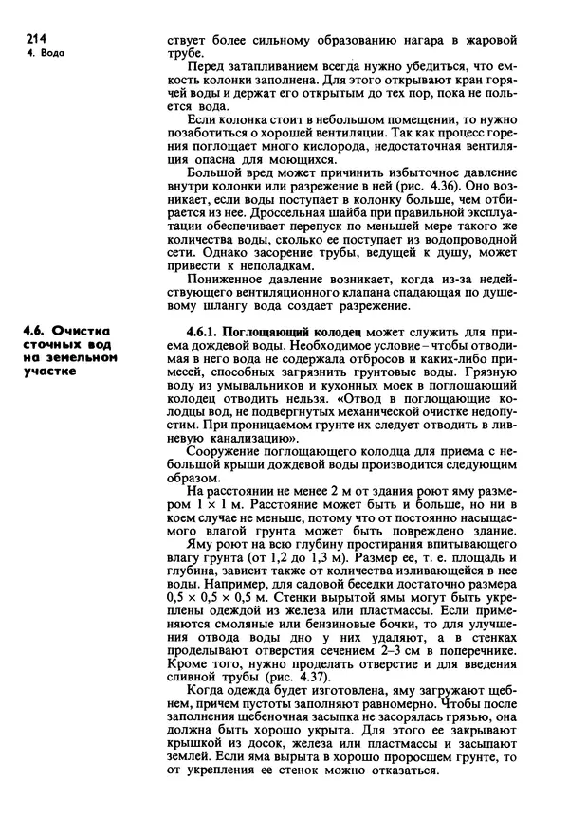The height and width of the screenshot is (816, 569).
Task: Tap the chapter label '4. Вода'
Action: coord(44,53)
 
